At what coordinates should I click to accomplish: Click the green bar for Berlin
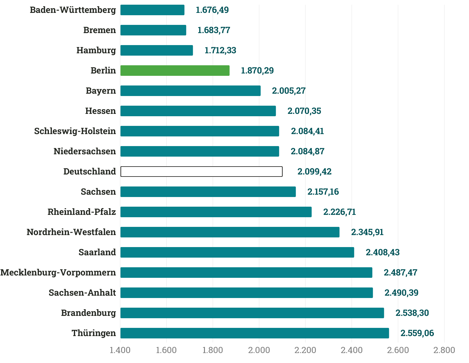coord(175,71)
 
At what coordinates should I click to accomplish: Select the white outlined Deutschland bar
coord(201,172)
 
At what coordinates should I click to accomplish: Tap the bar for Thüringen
coord(255,333)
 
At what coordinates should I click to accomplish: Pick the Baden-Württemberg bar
coord(152,10)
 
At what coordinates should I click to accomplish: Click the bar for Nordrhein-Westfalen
coord(230,232)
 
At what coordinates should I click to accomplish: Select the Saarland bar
coord(237,252)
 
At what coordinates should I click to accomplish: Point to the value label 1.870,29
coord(257,71)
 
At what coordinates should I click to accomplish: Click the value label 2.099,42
coord(314,172)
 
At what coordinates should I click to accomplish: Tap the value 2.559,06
coord(417,333)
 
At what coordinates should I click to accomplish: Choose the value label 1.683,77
coord(214,30)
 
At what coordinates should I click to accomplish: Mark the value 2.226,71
coord(339,212)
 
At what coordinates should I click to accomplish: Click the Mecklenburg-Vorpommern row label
coord(58,273)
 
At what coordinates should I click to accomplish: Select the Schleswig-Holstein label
coord(75,131)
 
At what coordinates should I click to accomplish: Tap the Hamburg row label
coord(96,50)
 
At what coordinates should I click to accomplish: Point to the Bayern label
coord(101,91)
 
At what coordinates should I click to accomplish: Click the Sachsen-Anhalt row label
coord(82,293)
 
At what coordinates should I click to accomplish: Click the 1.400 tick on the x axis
coord(120,350)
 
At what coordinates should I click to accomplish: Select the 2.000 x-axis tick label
coord(259,350)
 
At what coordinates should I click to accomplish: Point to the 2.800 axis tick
coord(444,350)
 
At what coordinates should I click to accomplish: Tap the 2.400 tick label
coord(351,350)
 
